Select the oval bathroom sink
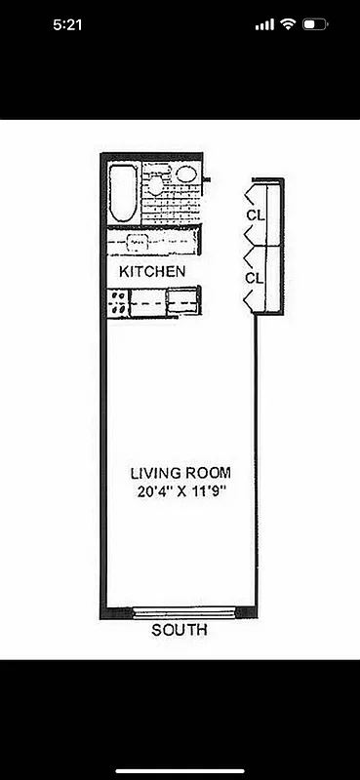pos(185,175)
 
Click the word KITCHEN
pos(151,270)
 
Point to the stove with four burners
pos(117,303)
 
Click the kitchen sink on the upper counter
pos(138,241)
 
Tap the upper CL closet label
pos(255,214)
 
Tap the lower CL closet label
pos(255,278)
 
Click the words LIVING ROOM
pos(180,473)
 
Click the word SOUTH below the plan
pos(180,631)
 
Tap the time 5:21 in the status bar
pos(67,24)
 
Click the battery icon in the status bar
pos(315,24)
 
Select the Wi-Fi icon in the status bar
pos(287,24)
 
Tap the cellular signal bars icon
pos(263,24)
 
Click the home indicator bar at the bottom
pos(180,770)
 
